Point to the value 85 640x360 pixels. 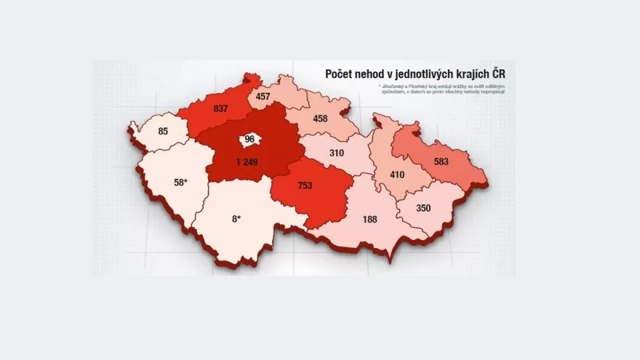(163, 131)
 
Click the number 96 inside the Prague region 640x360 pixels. (250, 139)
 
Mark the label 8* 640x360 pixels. (237, 218)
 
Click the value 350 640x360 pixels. (423, 208)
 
